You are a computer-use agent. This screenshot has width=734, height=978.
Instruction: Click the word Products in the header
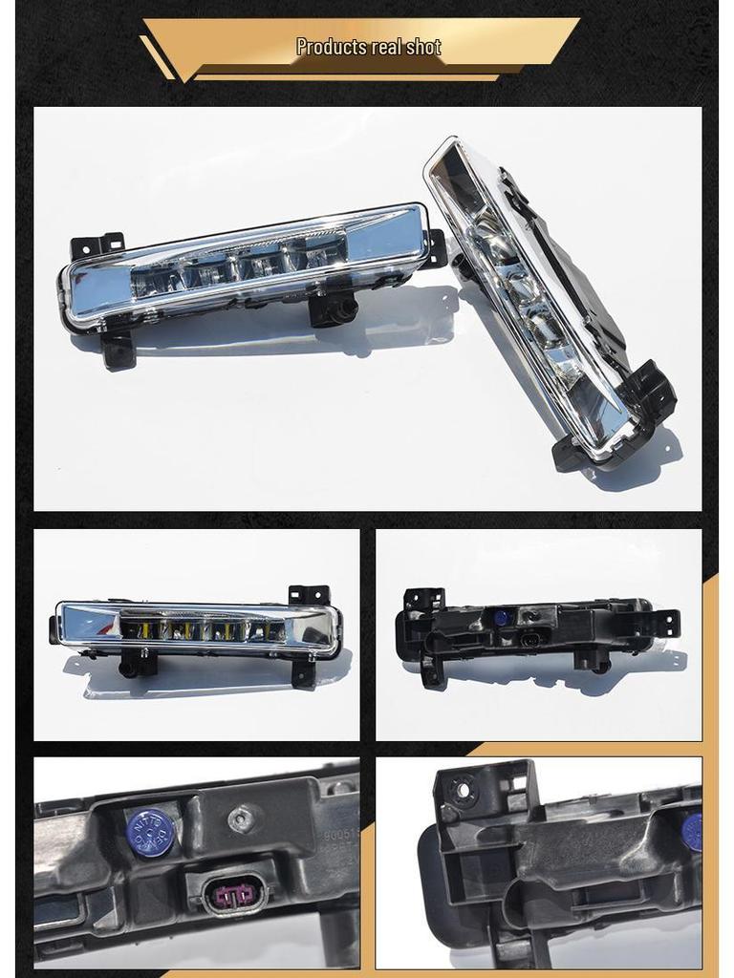tap(331, 47)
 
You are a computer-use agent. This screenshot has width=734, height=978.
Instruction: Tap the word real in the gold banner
tap(388, 47)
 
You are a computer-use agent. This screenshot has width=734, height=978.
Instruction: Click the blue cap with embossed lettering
tap(150, 832)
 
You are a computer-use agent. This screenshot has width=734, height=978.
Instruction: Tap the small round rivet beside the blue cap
tap(243, 818)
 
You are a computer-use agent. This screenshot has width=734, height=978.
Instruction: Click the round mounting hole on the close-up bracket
tap(464, 789)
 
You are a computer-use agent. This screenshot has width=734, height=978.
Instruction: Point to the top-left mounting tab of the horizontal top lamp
tap(97, 246)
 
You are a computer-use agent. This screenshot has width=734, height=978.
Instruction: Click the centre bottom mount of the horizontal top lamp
tap(335, 308)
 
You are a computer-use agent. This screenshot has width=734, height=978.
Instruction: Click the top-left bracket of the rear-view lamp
tap(423, 601)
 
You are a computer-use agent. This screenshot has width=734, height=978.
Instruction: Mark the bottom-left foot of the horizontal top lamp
tap(119, 351)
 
